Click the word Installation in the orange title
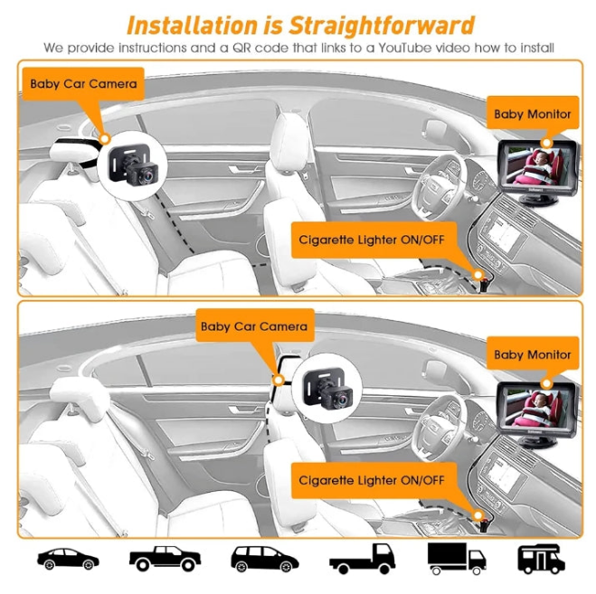(x=193, y=25)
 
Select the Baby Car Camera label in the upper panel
(x=83, y=83)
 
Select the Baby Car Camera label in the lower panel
(x=254, y=326)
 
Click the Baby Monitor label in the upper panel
(x=533, y=114)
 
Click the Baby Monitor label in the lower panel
(x=533, y=354)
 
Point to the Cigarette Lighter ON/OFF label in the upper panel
(x=372, y=240)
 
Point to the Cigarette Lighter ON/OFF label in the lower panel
(x=372, y=480)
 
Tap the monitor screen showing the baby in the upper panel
(x=537, y=165)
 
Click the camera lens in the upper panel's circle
(x=147, y=176)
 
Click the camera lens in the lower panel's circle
(x=342, y=400)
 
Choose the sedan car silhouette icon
(x=68, y=559)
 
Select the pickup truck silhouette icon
(x=165, y=559)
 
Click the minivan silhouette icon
(x=265, y=559)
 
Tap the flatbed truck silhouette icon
(x=363, y=559)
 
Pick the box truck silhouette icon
(x=457, y=558)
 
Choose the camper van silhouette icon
(x=541, y=559)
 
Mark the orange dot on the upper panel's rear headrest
(x=105, y=138)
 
